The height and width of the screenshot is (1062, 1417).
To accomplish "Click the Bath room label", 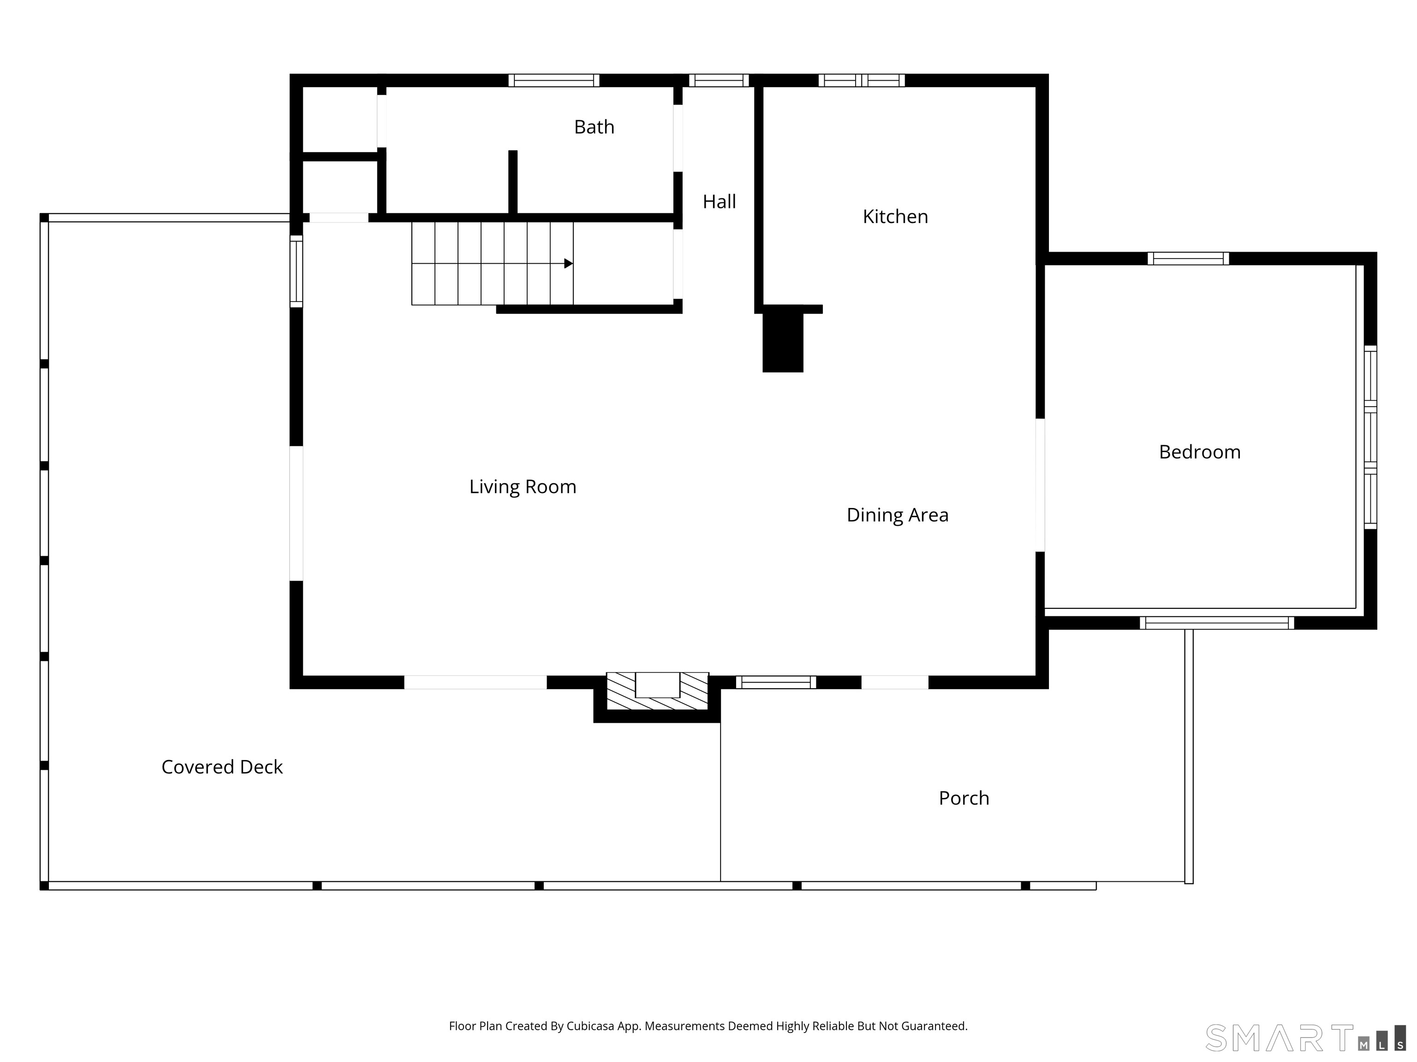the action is coord(594,127).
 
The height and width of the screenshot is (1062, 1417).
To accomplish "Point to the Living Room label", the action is coord(523,487).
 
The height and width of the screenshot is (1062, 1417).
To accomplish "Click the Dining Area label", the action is coord(898,515).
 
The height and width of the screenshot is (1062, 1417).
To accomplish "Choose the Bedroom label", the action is coord(1200,452).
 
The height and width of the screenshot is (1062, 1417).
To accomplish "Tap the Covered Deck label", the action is coord(222,767).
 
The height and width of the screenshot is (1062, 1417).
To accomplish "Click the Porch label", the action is coord(964,798).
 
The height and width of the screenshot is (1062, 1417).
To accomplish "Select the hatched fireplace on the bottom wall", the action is coord(657,691).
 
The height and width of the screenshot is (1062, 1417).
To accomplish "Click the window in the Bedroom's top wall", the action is coord(1188,259).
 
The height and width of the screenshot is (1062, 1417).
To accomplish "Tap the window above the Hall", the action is coord(719,81).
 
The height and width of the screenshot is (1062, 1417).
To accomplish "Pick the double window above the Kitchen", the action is coord(862,81).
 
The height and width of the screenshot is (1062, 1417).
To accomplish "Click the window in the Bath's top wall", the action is coord(554,81).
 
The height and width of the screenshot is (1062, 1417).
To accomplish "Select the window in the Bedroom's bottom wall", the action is coord(1216,623).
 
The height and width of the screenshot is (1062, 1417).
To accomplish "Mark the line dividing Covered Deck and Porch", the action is coord(720,802).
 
